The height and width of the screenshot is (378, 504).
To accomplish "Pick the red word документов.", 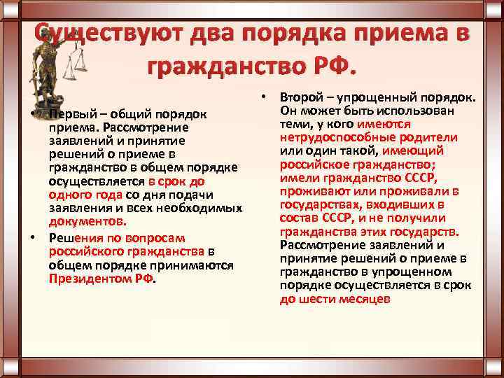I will pyautogui.click(x=87, y=221).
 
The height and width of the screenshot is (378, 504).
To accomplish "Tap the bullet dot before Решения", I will pyautogui.click(x=34, y=237).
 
